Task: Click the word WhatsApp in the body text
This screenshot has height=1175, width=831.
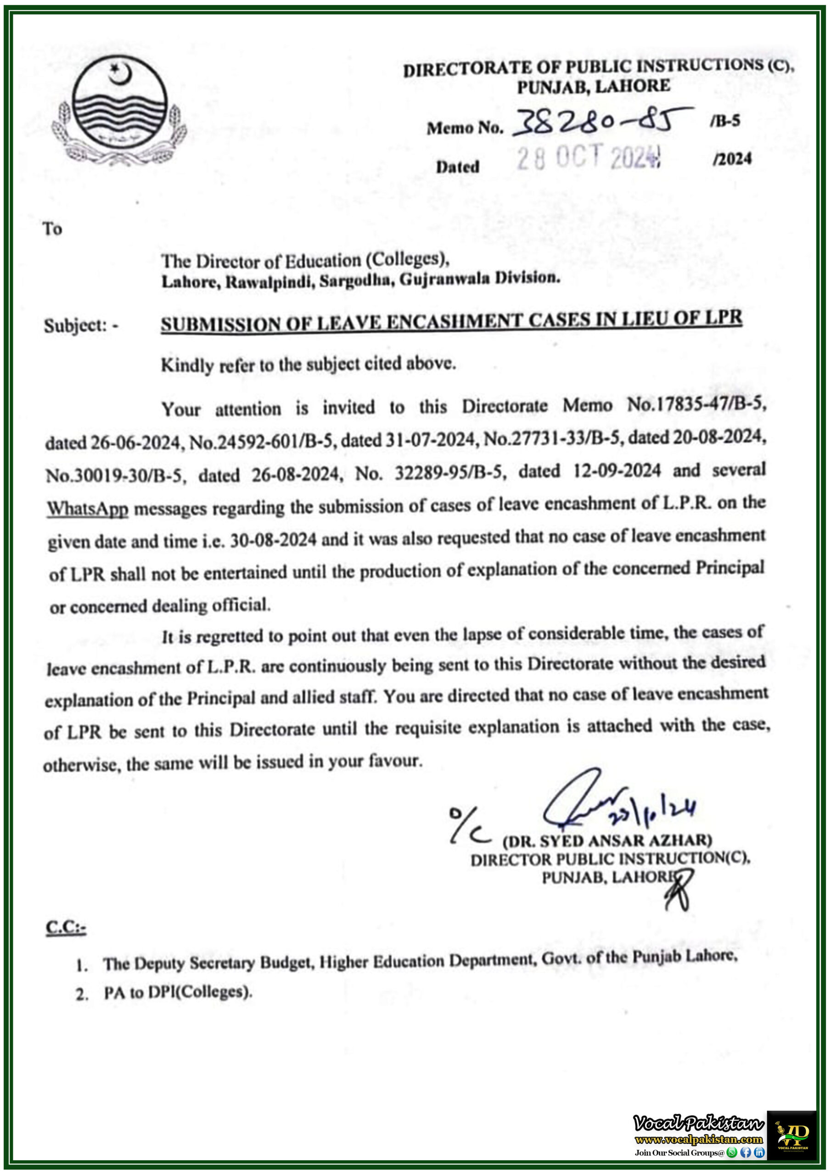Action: (88, 509)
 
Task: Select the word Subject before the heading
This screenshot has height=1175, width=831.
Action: (75, 325)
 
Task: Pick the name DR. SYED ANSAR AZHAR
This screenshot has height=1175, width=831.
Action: (607, 841)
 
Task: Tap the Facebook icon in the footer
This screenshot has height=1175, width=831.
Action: (746, 1153)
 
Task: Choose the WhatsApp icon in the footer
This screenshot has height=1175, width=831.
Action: (732, 1153)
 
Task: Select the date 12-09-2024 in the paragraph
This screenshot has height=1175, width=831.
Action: (617, 470)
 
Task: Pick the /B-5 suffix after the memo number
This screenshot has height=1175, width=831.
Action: (724, 121)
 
